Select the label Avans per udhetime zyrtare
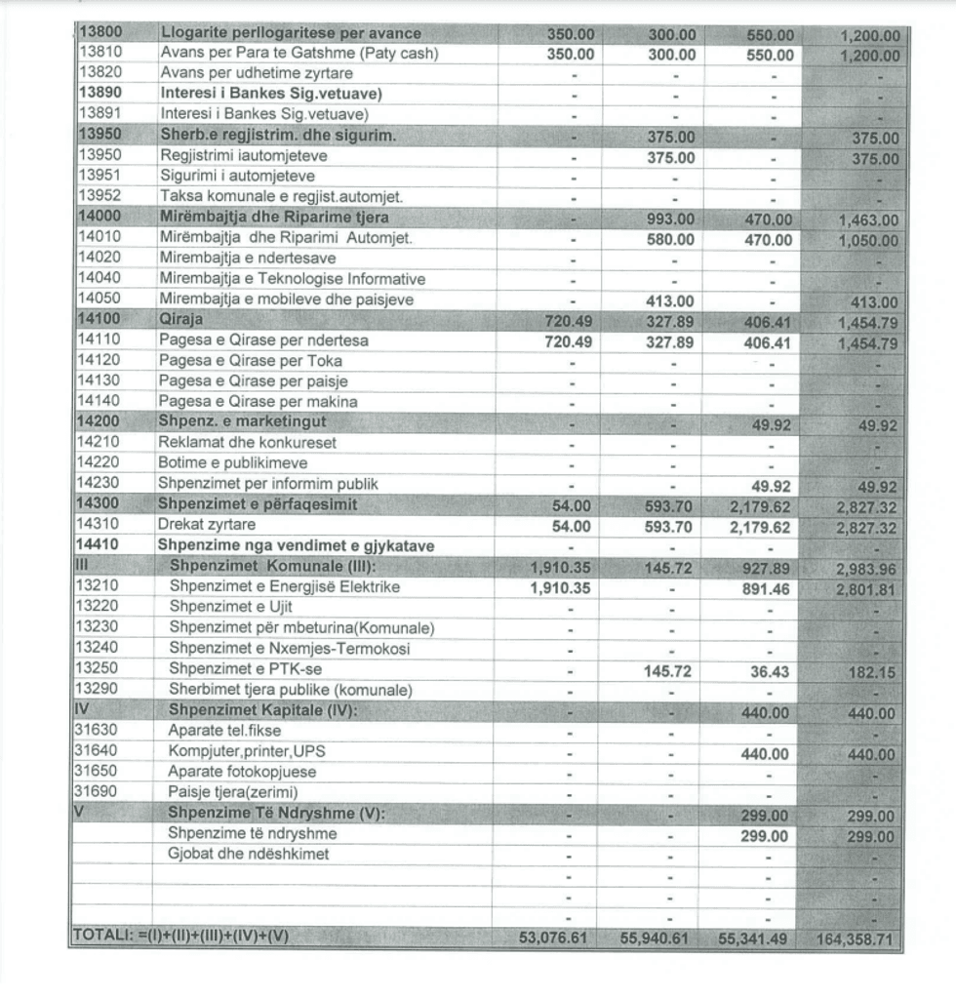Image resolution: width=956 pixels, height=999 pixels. (x=256, y=73)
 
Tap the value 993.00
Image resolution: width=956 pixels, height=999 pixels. (x=671, y=220)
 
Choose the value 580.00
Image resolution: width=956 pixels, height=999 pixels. (x=671, y=240)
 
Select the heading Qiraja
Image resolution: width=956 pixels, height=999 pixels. (x=180, y=319)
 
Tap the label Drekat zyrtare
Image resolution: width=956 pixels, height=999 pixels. (x=207, y=525)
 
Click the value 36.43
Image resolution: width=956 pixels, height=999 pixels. (x=770, y=672)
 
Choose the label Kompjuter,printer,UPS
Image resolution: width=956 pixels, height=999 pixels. (x=252, y=752)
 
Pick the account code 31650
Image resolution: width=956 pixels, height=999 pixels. (x=95, y=771)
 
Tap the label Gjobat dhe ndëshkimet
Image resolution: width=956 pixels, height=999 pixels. (x=248, y=855)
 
